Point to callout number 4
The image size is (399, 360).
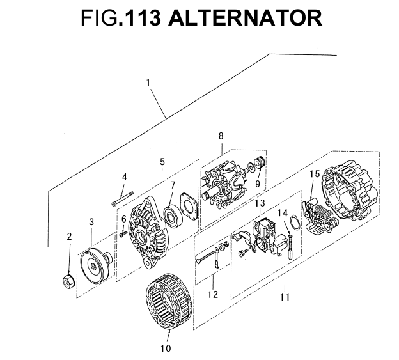125,176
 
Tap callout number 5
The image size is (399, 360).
162,162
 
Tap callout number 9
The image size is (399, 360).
258,183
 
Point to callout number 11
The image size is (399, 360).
285,297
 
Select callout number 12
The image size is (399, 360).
213,295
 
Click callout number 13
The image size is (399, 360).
260,203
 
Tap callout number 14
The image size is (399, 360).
283,213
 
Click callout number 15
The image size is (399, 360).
315,174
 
